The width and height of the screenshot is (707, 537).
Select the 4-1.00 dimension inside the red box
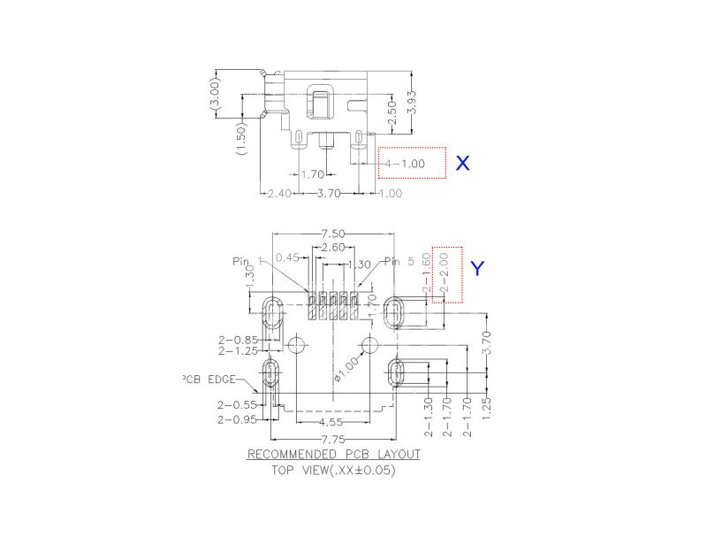tap(403, 164)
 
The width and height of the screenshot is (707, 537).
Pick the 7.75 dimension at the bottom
tap(332, 440)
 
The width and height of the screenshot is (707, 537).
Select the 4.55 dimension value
tap(333, 423)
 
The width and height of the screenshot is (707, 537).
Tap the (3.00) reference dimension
tap(215, 93)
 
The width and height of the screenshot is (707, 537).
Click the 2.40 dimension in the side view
tap(279, 192)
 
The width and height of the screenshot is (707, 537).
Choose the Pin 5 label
tap(399, 261)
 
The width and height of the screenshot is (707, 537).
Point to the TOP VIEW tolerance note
tap(333, 471)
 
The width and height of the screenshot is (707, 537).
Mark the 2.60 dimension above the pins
tap(333, 248)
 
